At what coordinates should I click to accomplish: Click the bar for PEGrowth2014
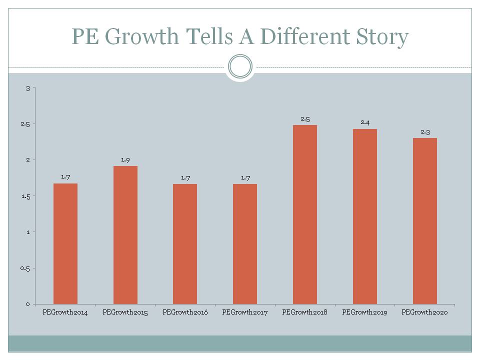[x=65, y=243]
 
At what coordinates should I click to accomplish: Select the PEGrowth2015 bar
[x=125, y=235]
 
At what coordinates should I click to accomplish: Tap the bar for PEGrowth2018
[x=305, y=214]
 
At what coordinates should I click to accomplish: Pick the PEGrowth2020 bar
[x=425, y=221]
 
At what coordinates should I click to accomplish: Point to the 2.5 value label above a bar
[x=305, y=118]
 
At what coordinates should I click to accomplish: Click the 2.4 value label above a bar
[x=365, y=122]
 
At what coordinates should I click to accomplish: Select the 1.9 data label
[x=125, y=159]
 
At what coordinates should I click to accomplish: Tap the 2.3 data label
[x=425, y=131]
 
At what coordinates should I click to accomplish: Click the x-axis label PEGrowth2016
[x=185, y=312]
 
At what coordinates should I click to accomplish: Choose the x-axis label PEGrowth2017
[x=245, y=312]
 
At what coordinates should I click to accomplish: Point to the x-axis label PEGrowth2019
[x=365, y=312]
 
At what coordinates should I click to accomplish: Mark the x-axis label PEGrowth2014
[x=65, y=312]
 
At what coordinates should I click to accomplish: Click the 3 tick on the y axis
[x=28, y=88]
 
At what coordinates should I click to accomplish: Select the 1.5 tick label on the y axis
[x=26, y=196]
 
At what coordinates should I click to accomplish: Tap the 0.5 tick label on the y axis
[x=25, y=268]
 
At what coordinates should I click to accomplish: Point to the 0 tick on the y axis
[x=28, y=304]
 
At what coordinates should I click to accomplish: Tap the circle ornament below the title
[x=240, y=66]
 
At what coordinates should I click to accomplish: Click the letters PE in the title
[x=85, y=36]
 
